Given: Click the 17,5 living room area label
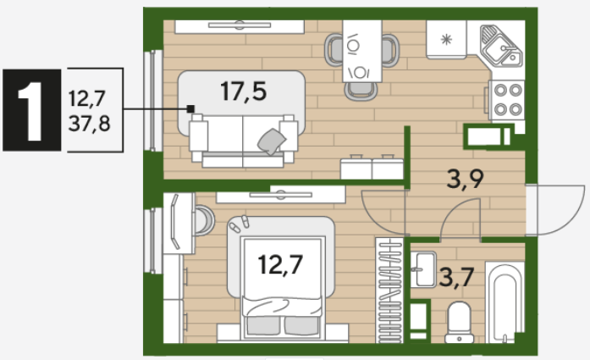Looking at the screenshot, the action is (244, 91).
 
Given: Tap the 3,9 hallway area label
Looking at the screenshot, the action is (465, 179).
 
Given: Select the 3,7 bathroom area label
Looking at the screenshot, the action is (456, 278).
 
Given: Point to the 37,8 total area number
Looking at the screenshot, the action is (89, 124).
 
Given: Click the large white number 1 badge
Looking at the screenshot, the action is (32, 110).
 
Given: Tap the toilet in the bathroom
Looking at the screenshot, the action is (459, 323).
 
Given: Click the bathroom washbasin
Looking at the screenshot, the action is (423, 269).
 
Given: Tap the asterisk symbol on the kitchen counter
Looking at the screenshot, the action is (446, 39).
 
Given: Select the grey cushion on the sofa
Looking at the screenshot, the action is (271, 141).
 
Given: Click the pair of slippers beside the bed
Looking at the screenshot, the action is (240, 224).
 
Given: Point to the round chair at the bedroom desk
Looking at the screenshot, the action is (203, 220).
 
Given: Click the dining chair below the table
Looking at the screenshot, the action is (361, 91).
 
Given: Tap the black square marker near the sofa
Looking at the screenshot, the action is (190, 108).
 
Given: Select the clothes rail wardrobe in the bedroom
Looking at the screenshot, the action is (389, 291).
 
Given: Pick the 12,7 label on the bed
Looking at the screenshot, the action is (280, 264).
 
